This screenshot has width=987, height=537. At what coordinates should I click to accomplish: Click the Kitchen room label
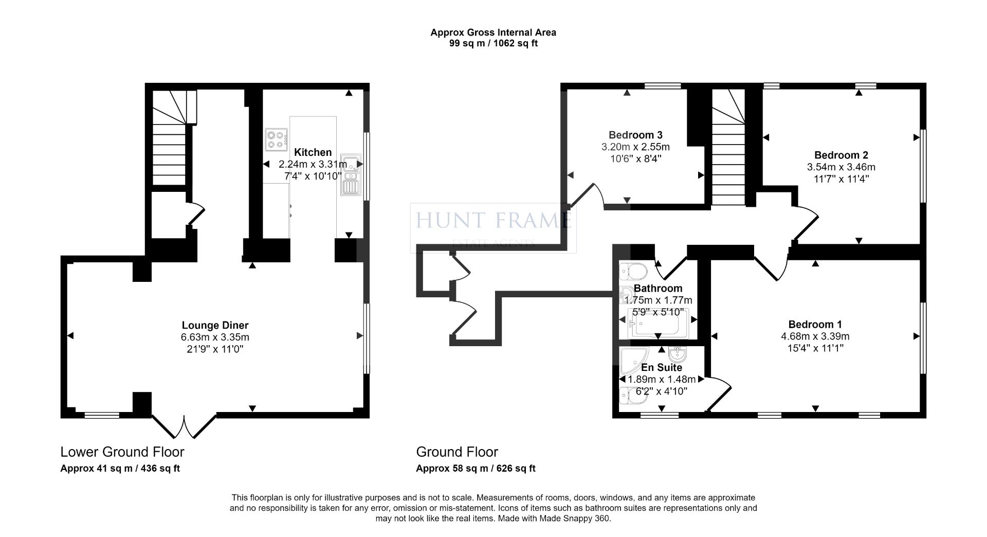pos(313,152)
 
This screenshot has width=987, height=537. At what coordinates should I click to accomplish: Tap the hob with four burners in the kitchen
pos(276,140)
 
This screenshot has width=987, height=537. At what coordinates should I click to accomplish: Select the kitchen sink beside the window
pos(350,175)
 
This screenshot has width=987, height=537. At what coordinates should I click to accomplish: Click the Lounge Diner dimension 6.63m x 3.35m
pos(215,337)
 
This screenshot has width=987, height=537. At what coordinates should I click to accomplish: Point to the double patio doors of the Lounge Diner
pos(184,425)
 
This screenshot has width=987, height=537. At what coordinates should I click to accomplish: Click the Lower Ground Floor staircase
pos(169,139)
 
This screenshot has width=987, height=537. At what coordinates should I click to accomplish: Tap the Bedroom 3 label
pos(635,135)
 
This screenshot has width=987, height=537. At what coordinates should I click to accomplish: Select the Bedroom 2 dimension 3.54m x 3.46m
pos(841,167)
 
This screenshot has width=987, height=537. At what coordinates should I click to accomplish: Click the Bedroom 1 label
pos(815,324)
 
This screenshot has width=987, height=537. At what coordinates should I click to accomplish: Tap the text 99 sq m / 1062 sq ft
pos(493,44)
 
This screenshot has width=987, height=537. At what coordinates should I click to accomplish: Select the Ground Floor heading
pos(456,452)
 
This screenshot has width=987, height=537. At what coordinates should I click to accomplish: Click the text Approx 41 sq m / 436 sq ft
pos(120,469)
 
